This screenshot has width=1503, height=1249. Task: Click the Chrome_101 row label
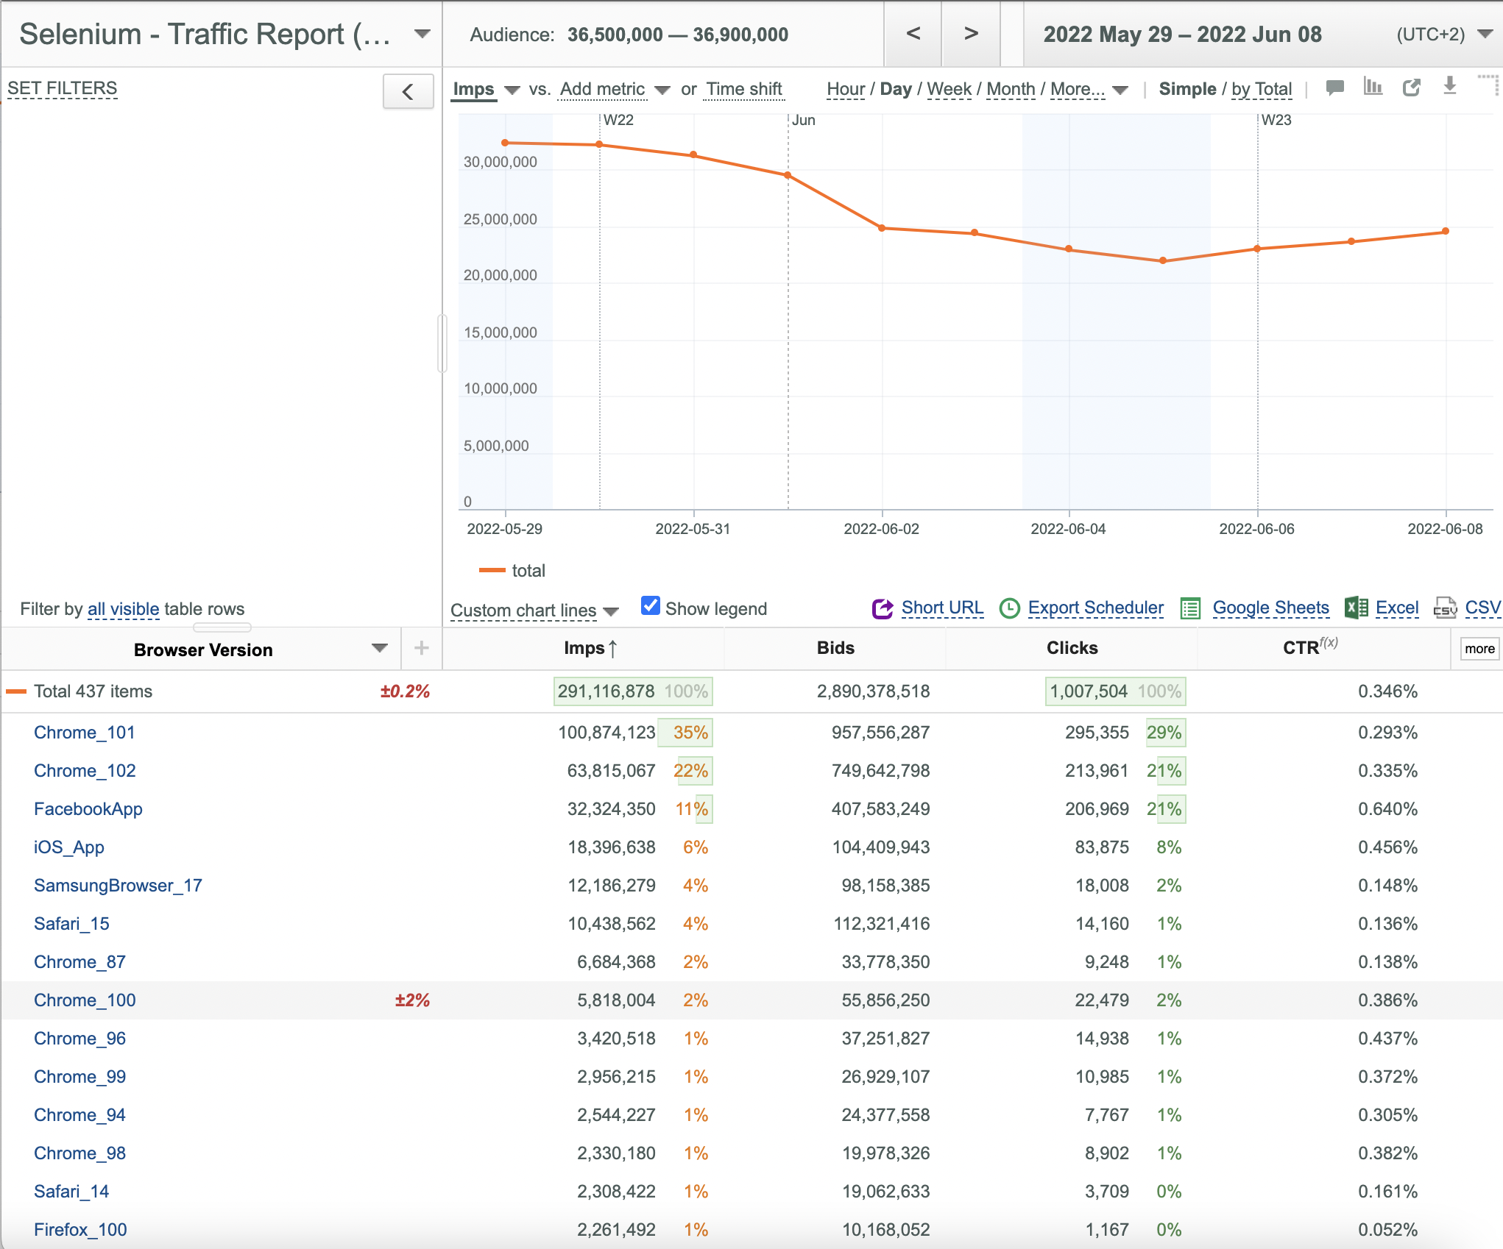[85, 733]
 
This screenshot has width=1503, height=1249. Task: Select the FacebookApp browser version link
[88, 809]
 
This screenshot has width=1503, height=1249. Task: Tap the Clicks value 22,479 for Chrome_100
[1102, 1000]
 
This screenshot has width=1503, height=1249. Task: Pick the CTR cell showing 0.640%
[1387, 809]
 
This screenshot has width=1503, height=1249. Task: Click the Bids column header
[835, 648]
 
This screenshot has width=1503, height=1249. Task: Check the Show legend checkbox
[651, 605]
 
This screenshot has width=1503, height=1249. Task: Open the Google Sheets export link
[1270, 608]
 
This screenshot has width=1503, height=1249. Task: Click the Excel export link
[1397, 608]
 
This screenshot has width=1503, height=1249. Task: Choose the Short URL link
[942, 608]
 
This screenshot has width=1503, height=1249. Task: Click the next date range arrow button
[971, 34]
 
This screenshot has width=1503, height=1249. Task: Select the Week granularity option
[949, 89]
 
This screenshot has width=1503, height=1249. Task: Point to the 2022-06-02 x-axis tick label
[882, 529]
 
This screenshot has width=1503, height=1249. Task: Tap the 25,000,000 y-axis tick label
[501, 219]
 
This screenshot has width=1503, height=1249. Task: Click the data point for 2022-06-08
[1446, 231]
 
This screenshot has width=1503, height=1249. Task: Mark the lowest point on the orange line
[1163, 260]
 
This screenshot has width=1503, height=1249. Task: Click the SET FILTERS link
[63, 89]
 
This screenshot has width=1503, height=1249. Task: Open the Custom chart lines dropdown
[534, 611]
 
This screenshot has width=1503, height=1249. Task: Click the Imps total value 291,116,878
[606, 691]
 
